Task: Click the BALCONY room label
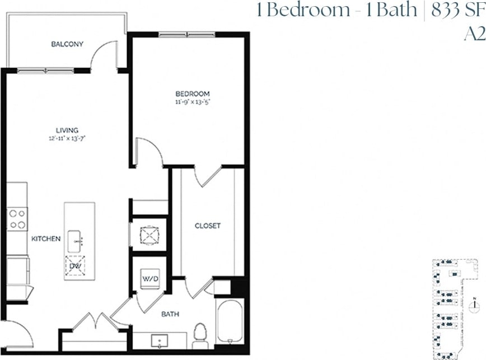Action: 67,44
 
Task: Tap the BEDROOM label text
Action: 192,93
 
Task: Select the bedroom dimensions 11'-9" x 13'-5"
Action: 192,102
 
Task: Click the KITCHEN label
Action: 46,239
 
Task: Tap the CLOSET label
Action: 207,226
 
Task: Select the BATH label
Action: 171,314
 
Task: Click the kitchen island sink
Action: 76,241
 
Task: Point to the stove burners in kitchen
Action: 17,219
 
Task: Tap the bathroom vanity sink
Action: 159,341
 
